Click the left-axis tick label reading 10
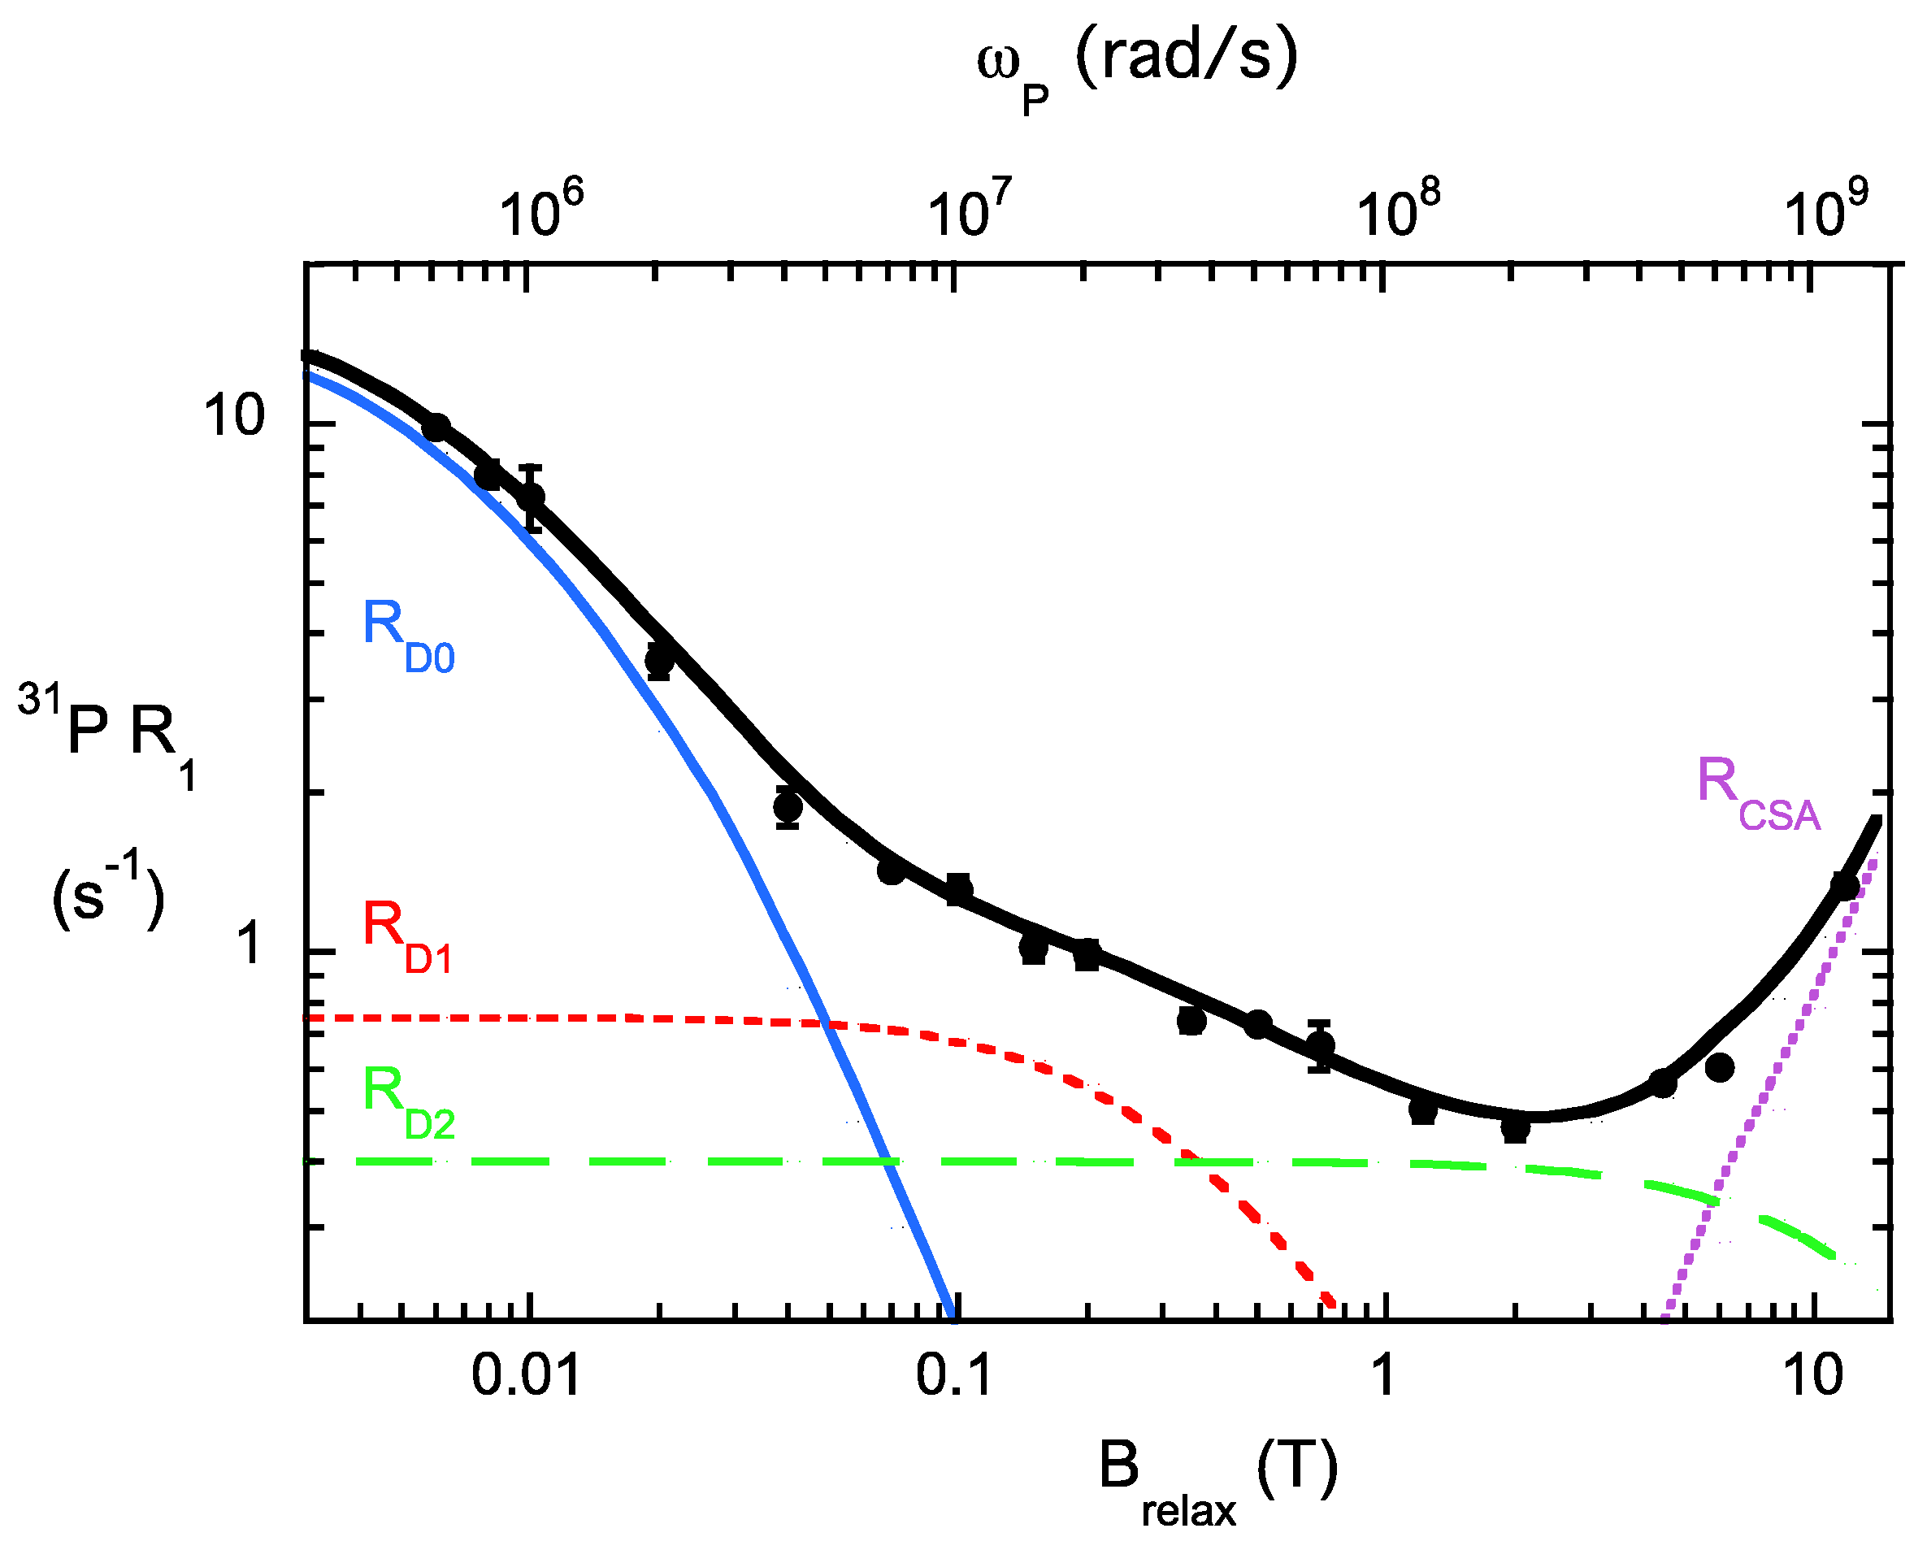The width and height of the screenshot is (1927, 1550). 234,416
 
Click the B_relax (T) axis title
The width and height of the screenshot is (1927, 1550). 1217,1479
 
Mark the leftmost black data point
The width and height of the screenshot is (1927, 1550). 436,428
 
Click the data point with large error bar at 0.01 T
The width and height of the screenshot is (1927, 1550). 532,497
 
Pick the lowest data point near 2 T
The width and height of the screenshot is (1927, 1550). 1515,1129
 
